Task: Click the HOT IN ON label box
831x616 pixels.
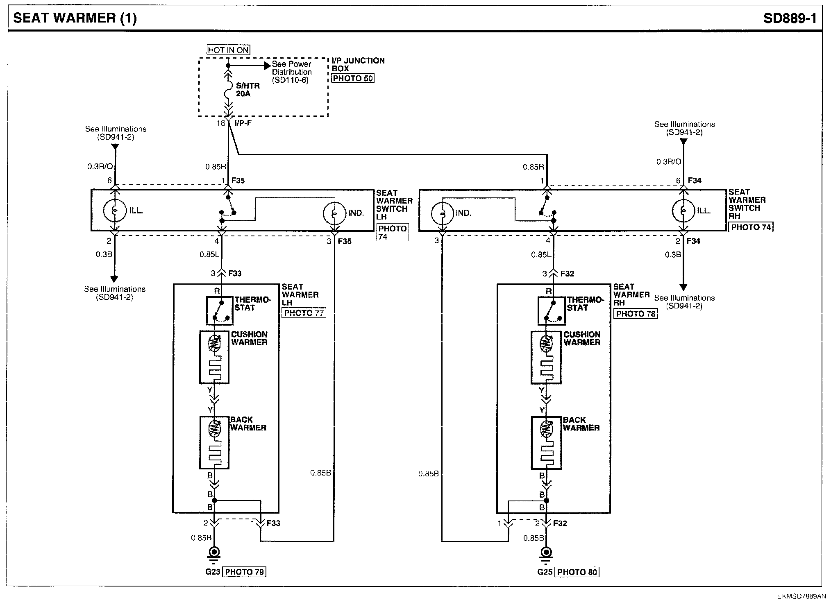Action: point(228,50)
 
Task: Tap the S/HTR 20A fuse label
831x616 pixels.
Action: point(247,90)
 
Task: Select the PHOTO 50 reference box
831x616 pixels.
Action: point(352,78)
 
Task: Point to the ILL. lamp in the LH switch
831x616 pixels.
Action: point(115,211)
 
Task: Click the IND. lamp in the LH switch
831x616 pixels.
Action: point(334,213)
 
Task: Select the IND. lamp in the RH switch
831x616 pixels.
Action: point(442,213)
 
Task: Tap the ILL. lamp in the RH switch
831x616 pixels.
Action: point(683,211)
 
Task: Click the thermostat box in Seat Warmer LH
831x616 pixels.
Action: point(219,310)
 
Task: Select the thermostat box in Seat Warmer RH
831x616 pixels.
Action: point(551,310)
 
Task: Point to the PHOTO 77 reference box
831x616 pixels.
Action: point(304,313)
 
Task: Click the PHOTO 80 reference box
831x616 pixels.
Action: point(577,572)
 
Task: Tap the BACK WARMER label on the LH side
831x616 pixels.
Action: point(248,423)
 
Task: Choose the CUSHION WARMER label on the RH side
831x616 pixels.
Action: point(581,338)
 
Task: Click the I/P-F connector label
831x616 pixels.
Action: point(243,123)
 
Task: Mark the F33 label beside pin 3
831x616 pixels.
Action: point(235,274)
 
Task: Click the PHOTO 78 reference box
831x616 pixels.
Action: point(635,314)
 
